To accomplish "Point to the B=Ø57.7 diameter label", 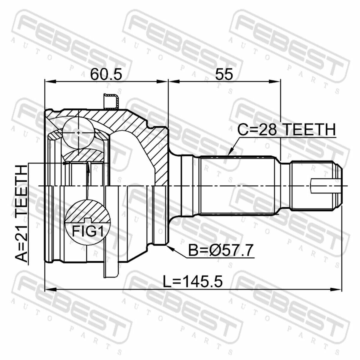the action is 220,250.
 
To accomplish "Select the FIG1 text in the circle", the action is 88,231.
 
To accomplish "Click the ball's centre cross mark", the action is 79,133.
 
